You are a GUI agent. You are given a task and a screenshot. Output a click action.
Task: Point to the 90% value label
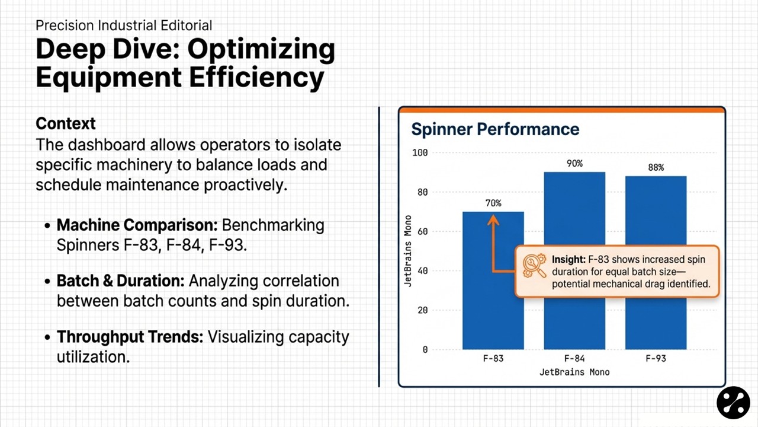574,163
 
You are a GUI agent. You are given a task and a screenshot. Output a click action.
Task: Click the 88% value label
656,167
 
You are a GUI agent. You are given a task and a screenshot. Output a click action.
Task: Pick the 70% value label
493,203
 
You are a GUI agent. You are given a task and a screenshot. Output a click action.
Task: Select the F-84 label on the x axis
574,359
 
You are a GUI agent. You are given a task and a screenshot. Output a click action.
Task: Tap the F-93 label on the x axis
656,359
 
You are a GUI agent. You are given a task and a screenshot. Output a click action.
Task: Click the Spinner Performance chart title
495,129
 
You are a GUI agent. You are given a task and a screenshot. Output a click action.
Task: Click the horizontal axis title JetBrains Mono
574,372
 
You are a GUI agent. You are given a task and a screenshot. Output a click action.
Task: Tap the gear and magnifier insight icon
535,266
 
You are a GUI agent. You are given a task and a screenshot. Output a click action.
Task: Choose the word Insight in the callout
568,260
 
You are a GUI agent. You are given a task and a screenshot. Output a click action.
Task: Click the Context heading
66,123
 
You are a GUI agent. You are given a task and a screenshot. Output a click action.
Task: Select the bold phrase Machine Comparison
137,225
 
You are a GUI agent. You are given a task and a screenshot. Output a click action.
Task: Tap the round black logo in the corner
733,403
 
